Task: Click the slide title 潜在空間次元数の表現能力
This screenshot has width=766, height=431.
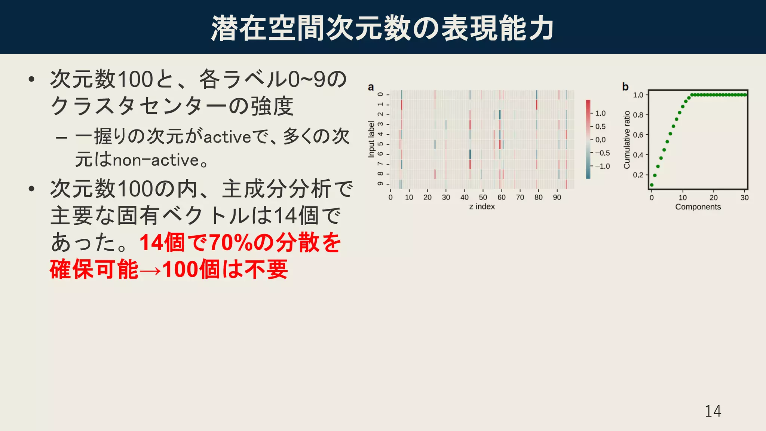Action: click(382, 28)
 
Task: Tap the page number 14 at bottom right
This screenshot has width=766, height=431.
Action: click(713, 411)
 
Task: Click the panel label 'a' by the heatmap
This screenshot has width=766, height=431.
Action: click(371, 87)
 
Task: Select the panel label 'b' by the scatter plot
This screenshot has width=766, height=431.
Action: click(625, 87)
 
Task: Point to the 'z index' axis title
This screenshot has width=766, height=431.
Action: click(482, 207)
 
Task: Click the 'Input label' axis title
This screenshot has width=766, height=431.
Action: click(371, 139)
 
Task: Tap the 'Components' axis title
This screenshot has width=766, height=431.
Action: click(698, 207)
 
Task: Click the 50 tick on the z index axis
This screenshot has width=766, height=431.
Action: click(483, 197)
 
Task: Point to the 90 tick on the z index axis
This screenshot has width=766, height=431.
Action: click(557, 197)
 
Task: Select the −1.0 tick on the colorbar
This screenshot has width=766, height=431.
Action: click(602, 166)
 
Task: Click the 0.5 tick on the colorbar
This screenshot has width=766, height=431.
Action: click(600, 126)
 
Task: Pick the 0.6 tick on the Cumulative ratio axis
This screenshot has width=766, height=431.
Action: click(638, 135)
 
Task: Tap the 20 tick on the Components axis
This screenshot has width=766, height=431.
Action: click(714, 198)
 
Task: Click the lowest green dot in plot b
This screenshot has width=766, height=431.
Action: click(652, 185)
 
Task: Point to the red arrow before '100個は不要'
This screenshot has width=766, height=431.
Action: click(150, 270)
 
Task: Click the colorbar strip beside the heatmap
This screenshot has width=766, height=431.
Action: click(588, 139)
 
